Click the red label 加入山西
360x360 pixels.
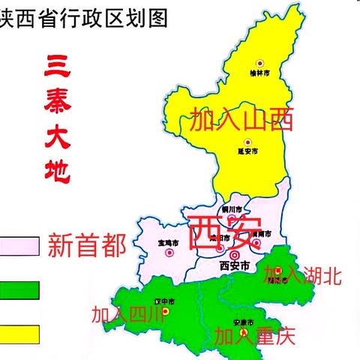coord(241,120)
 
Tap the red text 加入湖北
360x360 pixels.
coord(302,276)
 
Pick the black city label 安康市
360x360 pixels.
coord(243,323)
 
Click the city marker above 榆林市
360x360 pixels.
coord(260,63)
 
